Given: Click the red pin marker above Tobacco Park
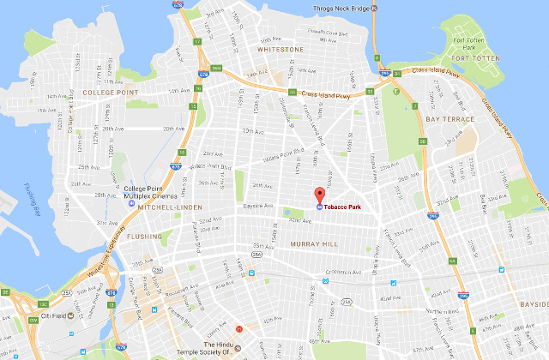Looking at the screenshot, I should [x=319, y=194].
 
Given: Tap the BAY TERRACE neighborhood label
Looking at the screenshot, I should [x=449, y=118].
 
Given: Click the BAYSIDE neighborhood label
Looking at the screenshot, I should [x=533, y=303].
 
